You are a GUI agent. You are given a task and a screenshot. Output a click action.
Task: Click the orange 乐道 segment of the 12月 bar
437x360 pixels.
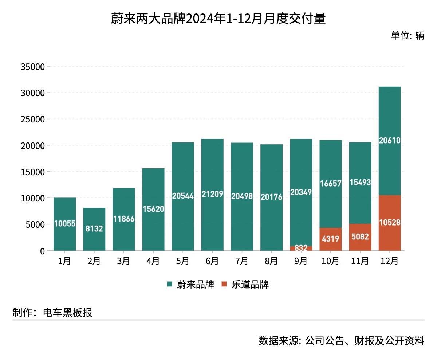(390, 223)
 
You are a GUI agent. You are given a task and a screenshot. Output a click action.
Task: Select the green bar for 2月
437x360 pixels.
(94, 229)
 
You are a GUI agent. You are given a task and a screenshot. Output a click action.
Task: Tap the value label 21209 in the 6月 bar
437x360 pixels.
(212, 194)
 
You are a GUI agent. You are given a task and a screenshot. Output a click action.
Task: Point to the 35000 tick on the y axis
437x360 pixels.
(33, 67)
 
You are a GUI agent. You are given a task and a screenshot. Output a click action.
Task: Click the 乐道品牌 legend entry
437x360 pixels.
(245, 285)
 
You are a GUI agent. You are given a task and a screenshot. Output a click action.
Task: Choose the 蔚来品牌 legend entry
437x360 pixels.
(190, 285)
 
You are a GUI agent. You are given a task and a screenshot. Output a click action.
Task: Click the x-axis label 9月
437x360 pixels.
(301, 261)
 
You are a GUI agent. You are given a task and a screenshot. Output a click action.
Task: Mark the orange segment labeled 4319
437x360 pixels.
(331, 239)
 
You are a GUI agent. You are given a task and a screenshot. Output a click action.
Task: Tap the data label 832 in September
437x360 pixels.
(301, 248)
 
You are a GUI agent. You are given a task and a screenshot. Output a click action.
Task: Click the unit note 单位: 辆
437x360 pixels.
(408, 36)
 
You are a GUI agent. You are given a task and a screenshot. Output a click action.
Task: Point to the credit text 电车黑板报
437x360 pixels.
(67, 313)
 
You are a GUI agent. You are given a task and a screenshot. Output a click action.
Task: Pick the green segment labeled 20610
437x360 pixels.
(390, 141)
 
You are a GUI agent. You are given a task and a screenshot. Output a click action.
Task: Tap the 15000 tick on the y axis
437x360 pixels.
(33, 172)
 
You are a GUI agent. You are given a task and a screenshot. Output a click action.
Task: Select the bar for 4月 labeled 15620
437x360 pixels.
(153, 209)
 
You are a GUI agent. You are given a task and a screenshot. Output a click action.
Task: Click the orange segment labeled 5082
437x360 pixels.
(360, 237)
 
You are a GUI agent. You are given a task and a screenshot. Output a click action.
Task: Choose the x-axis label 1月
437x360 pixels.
(64, 261)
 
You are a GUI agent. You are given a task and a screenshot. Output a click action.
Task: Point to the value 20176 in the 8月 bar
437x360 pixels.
(271, 197)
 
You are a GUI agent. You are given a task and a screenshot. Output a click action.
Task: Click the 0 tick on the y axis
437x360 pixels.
(42, 251)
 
